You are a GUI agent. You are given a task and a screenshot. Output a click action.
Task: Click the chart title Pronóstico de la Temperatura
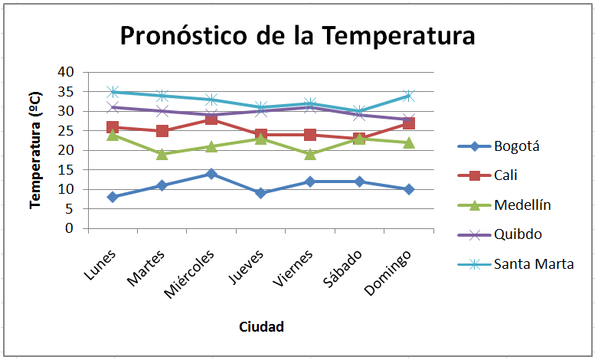tap(297, 36)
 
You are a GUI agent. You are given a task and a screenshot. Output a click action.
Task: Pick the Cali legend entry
tap(505, 175)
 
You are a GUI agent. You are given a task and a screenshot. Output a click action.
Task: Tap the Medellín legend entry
tap(522, 205)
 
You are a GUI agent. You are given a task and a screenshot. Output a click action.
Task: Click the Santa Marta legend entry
tap(533, 264)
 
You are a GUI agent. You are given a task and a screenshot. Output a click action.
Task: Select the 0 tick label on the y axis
tap(70, 228)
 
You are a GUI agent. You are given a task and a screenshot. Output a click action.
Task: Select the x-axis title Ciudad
tap(261, 327)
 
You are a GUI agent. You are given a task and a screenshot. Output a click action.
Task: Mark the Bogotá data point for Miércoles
tap(211, 174)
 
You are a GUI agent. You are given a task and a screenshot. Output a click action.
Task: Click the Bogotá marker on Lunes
tap(113, 197)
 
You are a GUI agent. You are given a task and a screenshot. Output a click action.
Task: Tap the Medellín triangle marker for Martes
tap(162, 154)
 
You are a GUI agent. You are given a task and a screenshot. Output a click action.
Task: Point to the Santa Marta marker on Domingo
tap(409, 96)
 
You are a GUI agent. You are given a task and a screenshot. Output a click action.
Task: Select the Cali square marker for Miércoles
tap(211, 119)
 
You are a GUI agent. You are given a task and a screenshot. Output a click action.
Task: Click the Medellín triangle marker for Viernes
tap(310, 154)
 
